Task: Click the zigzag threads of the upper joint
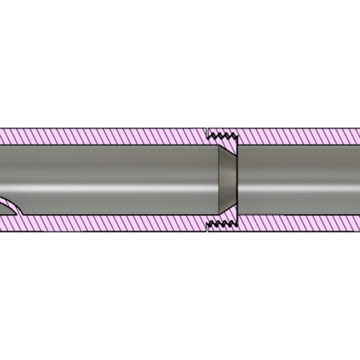[x=223, y=135]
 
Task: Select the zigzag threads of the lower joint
[x=223, y=224]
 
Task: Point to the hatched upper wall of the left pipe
[x=105, y=136]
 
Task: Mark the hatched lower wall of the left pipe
[x=105, y=223]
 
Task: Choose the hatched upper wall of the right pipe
[x=300, y=136]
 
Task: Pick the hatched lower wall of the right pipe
[x=300, y=223]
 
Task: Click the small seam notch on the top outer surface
[x=207, y=130]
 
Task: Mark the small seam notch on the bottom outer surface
[x=207, y=230]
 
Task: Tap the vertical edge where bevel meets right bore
[x=238, y=179]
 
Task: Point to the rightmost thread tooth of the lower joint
[x=234, y=224]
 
